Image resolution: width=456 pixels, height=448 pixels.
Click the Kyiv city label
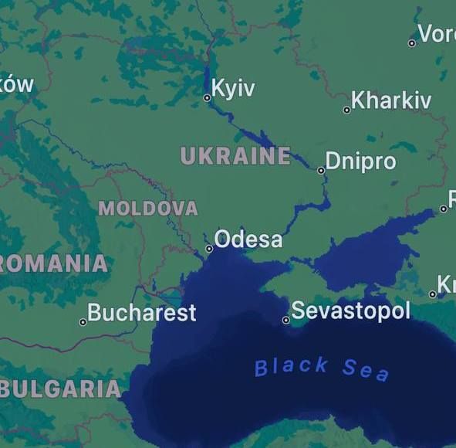(x=232, y=88)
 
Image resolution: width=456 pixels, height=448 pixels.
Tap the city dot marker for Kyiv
(x=207, y=98)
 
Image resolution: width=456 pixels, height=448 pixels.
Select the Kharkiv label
(x=391, y=100)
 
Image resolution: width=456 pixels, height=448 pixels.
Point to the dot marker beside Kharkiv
(x=347, y=110)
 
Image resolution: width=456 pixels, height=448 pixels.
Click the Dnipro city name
(x=360, y=161)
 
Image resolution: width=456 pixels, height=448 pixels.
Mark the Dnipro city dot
(x=321, y=171)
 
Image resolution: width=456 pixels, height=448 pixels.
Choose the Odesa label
(x=248, y=239)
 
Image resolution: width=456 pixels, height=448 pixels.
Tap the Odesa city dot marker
(x=209, y=249)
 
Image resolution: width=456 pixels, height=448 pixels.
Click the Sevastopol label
(x=350, y=311)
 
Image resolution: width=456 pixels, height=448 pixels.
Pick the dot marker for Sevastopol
(x=285, y=320)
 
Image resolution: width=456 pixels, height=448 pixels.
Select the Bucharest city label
(x=142, y=313)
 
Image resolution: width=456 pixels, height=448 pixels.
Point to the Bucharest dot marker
(x=83, y=322)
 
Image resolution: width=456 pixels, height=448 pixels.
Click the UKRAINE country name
(x=235, y=156)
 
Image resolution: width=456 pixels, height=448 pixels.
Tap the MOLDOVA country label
(x=148, y=209)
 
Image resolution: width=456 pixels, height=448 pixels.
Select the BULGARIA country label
(x=61, y=389)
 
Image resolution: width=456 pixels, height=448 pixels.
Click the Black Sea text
(x=322, y=368)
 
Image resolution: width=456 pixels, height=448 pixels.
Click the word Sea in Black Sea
(x=366, y=370)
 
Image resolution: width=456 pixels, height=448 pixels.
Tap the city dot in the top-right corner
(x=412, y=43)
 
